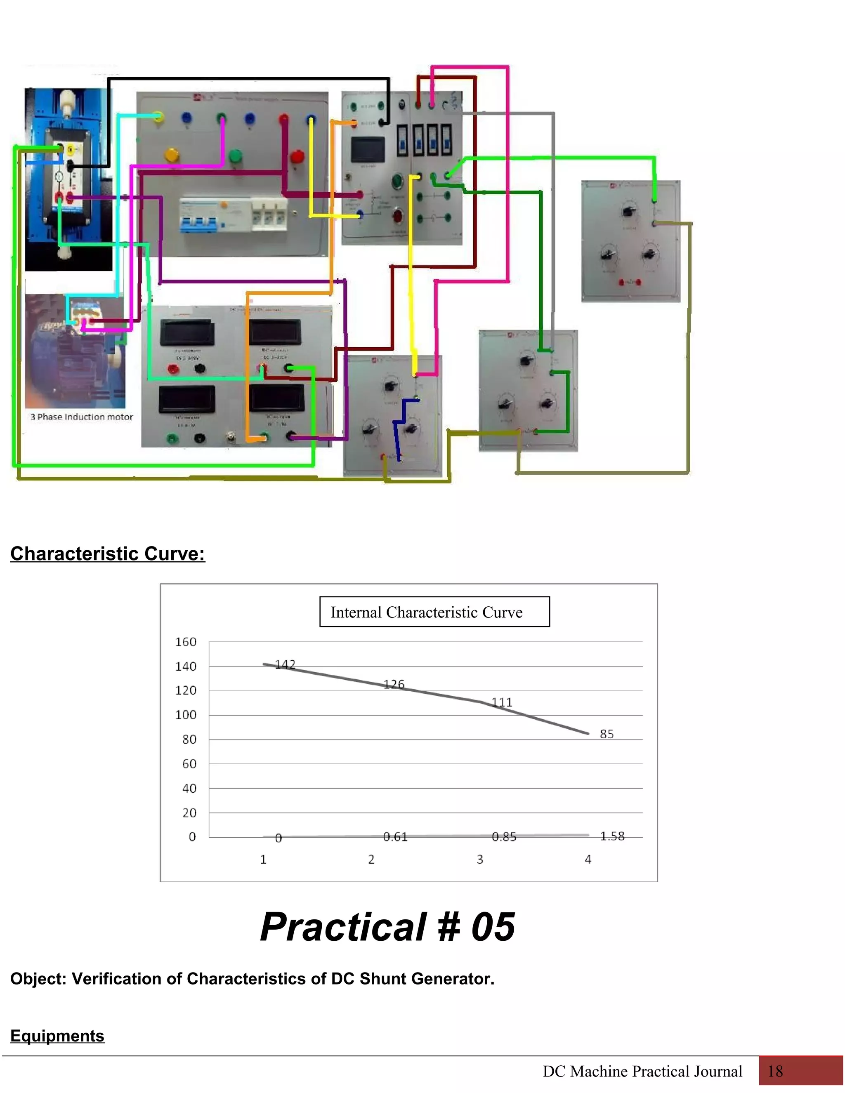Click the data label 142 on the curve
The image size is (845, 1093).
pyautogui.click(x=285, y=664)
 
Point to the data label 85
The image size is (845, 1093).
pyautogui.click(x=606, y=734)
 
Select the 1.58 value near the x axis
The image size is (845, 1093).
pyautogui.click(x=612, y=836)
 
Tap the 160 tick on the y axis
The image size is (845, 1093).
pyautogui.click(x=186, y=642)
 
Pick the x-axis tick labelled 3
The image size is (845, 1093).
pyautogui.click(x=479, y=859)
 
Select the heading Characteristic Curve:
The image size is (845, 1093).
pyautogui.click(x=108, y=554)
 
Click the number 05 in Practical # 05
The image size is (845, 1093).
pyautogui.click(x=493, y=927)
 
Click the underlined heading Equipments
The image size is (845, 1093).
pyautogui.click(x=57, y=1035)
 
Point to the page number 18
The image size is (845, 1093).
pyautogui.click(x=775, y=1071)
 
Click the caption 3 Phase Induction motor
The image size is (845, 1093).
pyautogui.click(x=82, y=417)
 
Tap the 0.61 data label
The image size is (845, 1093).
pyautogui.click(x=395, y=836)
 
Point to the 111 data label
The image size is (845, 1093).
pyautogui.click(x=502, y=702)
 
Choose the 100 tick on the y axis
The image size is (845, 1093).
pyautogui.click(x=186, y=715)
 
